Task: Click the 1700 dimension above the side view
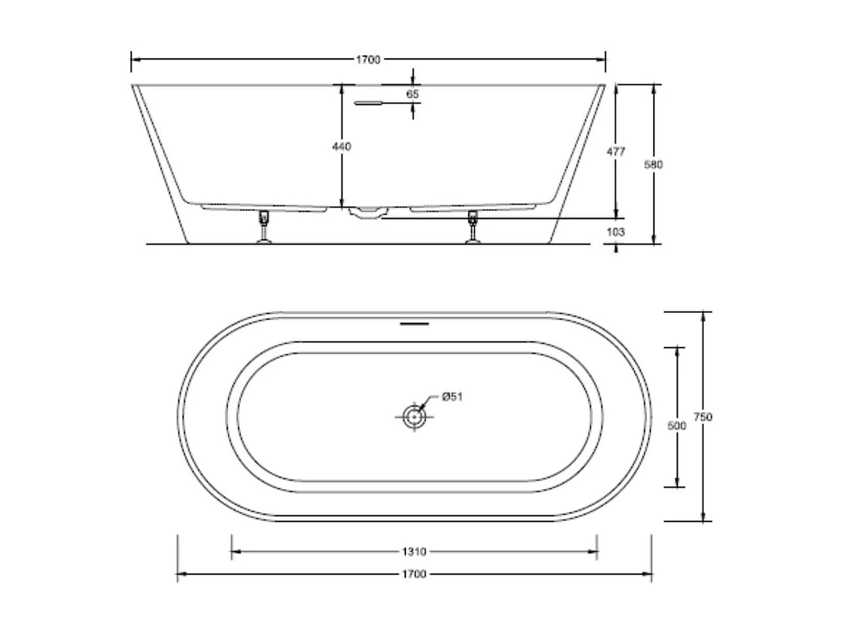pos(368,60)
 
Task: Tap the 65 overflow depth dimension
pos(413,94)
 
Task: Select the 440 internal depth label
pos(341,147)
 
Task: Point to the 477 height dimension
pos(616,151)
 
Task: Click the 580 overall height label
pos(653,165)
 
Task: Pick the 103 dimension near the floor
pos(615,232)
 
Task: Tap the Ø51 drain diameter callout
pos(452,397)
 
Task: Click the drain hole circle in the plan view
pos(414,417)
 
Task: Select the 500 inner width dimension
pos(676,426)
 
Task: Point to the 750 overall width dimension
pos(703,417)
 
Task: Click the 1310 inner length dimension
pos(414,552)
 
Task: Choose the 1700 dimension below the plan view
pos(414,574)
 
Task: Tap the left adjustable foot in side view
pos(263,227)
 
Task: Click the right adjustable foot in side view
pos(473,227)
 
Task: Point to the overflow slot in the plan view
pos(414,324)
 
